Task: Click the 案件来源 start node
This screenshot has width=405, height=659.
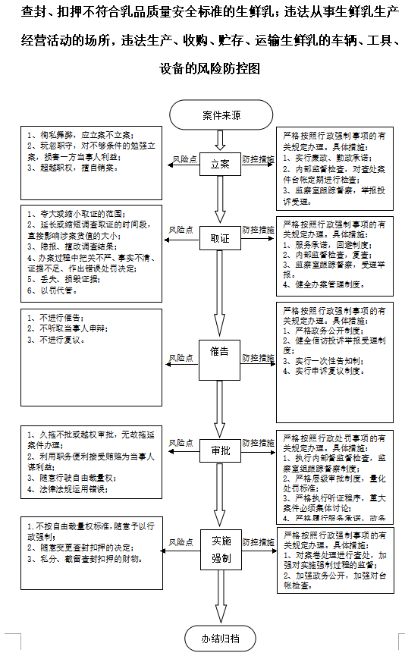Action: (221, 116)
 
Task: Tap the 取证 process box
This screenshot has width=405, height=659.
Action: (220, 239)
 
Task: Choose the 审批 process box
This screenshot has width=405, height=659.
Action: (220, 452)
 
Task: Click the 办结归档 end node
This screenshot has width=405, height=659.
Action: (220, 639)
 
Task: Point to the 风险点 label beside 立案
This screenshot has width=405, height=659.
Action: (184, 160)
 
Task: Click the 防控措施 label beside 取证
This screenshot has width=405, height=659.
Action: (258, 230)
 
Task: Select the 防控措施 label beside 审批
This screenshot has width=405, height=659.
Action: (258, 443)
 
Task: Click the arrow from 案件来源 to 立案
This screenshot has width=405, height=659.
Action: (220, 139)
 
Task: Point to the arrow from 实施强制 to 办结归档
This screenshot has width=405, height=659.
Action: (220, 598)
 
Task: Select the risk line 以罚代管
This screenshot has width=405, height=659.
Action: (52, 290)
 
